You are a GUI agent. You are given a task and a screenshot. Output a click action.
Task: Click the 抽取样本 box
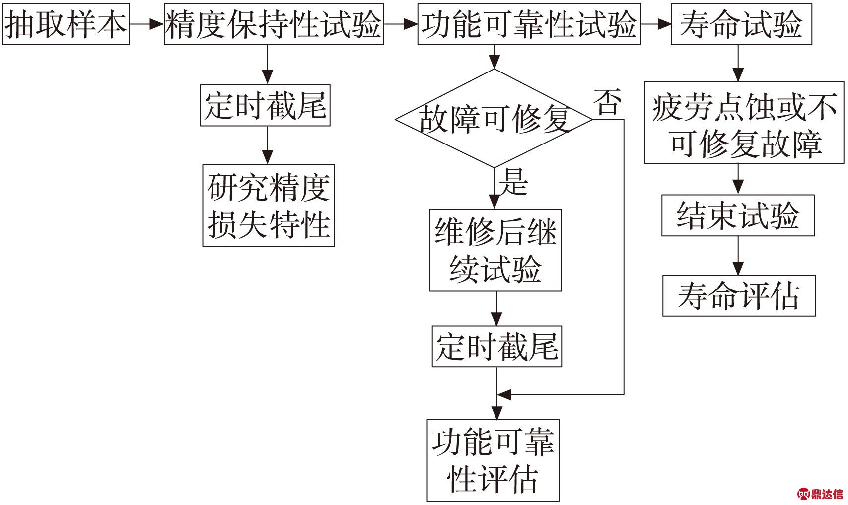click(x=66, y=24)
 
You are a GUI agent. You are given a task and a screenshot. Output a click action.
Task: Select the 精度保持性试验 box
click(x=274, y=24)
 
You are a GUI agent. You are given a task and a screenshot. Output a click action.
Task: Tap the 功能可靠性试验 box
click(x=529, y=24)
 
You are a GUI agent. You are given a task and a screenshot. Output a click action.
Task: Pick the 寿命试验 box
click(x=742, y=24)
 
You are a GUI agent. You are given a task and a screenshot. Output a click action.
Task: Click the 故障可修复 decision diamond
click(x=494, y=119)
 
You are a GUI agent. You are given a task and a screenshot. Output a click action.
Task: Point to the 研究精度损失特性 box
click(x=269, y=206)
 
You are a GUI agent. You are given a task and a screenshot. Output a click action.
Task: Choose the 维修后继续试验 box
click(x=495, y=250)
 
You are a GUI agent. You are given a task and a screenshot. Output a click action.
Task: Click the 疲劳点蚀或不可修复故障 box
click(x=744, y=123)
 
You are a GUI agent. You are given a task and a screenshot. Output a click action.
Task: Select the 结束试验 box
click(x=738, y=216)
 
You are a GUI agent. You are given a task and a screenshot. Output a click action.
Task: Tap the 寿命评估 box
click(x=739, y=295)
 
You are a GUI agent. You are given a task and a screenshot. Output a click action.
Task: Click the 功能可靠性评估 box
click(x=494, y=460)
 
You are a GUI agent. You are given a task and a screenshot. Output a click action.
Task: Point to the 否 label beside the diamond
click(x=607, y=102)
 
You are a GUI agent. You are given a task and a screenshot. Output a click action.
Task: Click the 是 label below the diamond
click(x=514, y=182)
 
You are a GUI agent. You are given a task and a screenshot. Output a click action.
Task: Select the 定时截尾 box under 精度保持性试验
click(x=266, y=105)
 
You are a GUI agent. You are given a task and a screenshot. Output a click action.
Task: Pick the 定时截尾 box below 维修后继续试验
click(x=497, y=347)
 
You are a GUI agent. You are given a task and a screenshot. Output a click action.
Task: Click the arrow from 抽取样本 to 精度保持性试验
click(x=147, y=24)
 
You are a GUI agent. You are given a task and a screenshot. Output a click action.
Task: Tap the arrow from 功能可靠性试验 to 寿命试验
click(x=656, y=24)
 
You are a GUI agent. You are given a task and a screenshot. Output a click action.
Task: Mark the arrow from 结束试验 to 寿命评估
click(x=738, y=256)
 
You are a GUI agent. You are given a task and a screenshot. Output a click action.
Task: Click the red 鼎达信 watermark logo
click(x=820, y=494)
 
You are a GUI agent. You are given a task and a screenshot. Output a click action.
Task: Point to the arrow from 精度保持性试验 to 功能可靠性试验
click(x=401, y=24)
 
